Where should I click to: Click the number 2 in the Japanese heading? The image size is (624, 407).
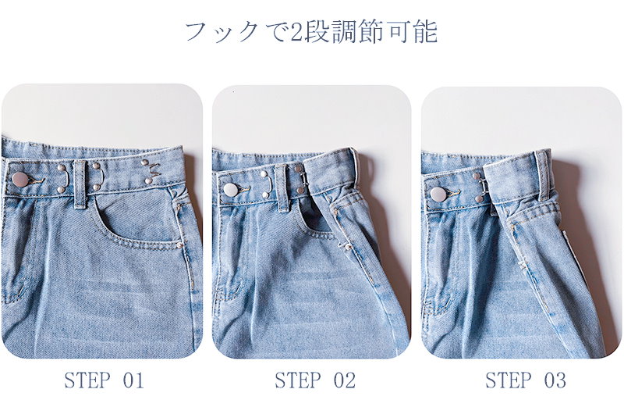[296, 33]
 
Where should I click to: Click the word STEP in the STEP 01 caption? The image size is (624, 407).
[87, 380]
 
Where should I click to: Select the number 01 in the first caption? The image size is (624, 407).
[133, 380]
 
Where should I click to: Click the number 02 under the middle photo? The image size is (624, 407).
[344, 380]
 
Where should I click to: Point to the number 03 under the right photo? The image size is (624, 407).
[555, 380]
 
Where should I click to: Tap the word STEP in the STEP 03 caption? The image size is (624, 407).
[509, 380]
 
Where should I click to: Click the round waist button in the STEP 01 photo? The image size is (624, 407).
[20, 180]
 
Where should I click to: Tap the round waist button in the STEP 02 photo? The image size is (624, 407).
[231, 190]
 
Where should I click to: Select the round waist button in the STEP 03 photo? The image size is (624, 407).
[438, 195]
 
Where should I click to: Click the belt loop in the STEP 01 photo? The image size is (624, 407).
[80, 184]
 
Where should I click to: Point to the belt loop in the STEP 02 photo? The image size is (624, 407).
[282, 187]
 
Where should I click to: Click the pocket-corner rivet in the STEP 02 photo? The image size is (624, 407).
[347, 247]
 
